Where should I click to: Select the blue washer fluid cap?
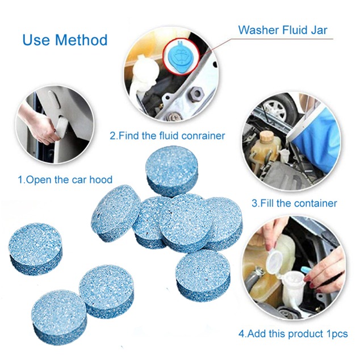(x=179, y=57)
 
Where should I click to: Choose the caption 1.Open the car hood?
(x=65, y=179)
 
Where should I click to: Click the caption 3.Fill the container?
(x=294, y=203)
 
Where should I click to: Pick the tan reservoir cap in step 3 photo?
(x=266, y=137)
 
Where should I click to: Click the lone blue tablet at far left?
(x=35, y=248)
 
